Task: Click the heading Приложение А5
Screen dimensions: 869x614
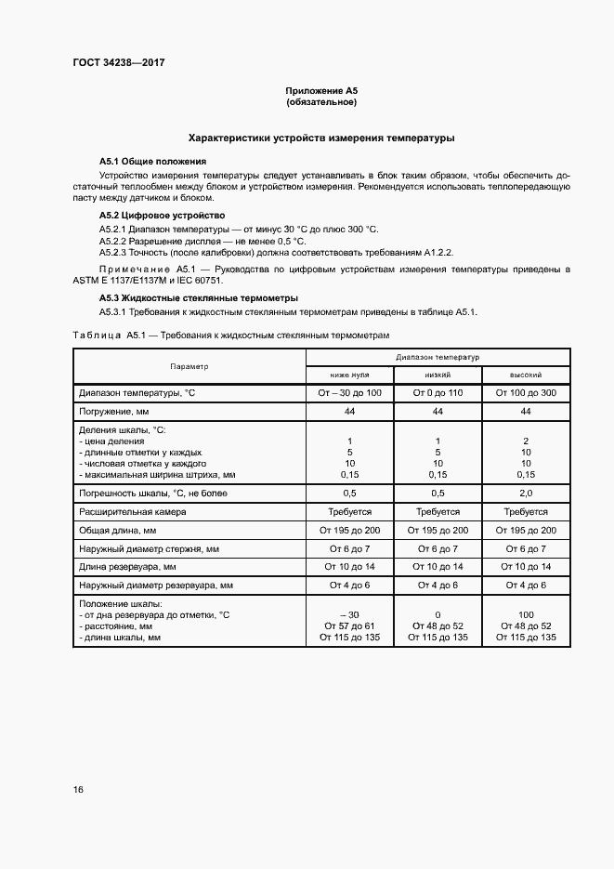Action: [320, 91]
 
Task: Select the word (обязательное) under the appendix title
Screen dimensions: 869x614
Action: [320, 102]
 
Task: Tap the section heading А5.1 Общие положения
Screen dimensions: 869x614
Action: [152, 161]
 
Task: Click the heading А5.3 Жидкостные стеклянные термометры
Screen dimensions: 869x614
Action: [198, 297]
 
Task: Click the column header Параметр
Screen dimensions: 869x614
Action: [189, 366]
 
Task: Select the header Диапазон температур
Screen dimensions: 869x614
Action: [437, 357]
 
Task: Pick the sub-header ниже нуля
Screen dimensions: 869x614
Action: [350, 375]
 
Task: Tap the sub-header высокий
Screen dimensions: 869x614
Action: [526, 375]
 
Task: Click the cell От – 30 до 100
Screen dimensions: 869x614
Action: [350, 393]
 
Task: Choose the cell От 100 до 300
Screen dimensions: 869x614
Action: [526, 393]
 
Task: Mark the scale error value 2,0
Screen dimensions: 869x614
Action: [526, 493]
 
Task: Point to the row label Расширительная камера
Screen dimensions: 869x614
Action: [133, 511]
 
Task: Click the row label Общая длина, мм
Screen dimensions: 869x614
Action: [118, 530]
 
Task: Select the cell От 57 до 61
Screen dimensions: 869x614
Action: [350, 625]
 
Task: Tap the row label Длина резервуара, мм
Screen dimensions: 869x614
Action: [127, 566]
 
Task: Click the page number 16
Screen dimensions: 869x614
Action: [78, 789]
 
